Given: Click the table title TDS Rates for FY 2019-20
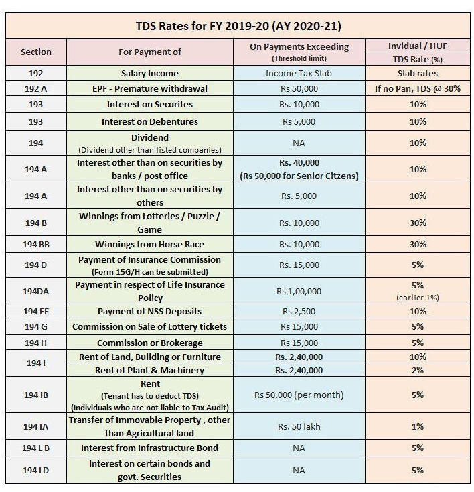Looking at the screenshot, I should click(x=239, y=26).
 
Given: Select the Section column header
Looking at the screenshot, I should click(x=35, y=52).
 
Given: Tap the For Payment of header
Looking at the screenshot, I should click(x=149, y=52).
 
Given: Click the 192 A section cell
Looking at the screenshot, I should click(x=35, y=88).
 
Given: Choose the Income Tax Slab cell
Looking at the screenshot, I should click(x=298, y=73).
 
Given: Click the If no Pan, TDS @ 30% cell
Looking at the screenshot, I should click(x=418, y=88).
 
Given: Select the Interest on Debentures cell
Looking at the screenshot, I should click(x=149, y=122).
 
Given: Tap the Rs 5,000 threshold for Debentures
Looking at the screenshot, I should click(x=298, y=122).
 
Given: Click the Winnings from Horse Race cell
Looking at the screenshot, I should click(x=149, y=244).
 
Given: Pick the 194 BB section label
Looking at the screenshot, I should click(x=35, y=244).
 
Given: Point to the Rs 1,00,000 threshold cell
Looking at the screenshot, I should click(x=298, y=291).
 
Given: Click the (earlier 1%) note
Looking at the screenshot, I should click(x=418, y=297).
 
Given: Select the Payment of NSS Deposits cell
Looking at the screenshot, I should click(x=149, y=312).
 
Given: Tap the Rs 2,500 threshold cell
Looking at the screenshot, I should click(x=298, y=312).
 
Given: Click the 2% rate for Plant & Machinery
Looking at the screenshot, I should click(x=418, y=370).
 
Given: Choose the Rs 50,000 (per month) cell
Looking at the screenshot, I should click(x=298, y=395).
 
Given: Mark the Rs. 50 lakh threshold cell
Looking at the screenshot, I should click(x=298, y=426).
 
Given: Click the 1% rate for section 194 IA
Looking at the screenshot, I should click(x=418, y=426).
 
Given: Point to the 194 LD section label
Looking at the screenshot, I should click(x=35, y=470).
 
